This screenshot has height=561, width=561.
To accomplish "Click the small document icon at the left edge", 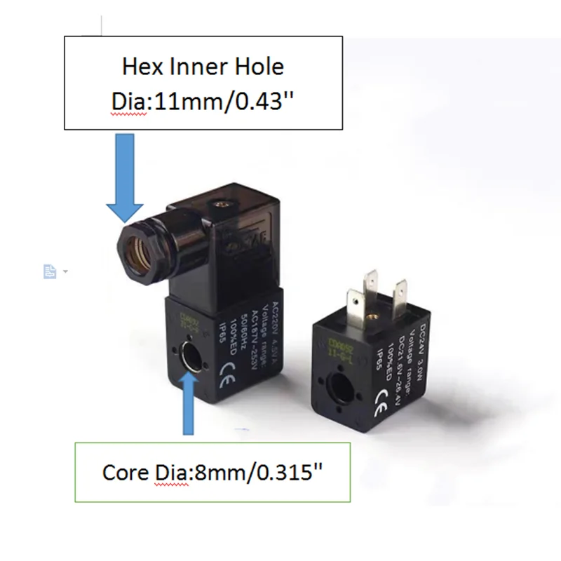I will click(50, 271).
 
